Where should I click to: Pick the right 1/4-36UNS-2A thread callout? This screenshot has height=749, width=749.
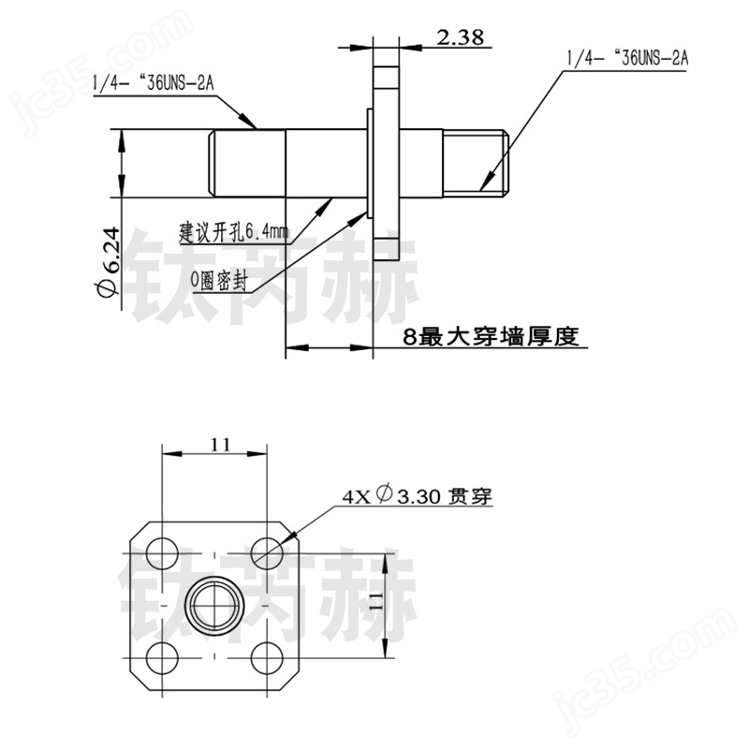point(627,58)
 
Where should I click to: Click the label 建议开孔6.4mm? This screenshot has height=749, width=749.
point(234,230)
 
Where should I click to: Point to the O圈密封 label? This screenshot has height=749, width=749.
point(218,278)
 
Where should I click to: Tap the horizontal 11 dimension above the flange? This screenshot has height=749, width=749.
point(219,445)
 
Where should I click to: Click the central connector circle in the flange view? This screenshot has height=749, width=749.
point(216,602)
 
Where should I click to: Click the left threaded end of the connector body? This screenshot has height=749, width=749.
point(245,164)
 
